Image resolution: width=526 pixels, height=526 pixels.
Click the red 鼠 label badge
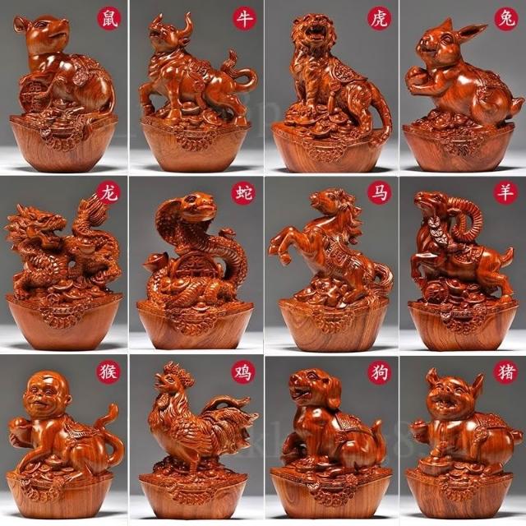click(x=109, y=18)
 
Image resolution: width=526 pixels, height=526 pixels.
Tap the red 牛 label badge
click(x=245, y=18)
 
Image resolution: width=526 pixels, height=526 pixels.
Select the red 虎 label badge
click(x=380, y=18)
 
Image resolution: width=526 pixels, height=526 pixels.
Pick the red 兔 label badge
click(x=506, y=19)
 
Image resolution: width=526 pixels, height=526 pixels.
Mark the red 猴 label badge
click(x=108, y=372)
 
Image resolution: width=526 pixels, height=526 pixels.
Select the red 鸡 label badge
click(x=243, y=372)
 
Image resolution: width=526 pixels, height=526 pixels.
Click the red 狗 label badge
click(x=380, y=372)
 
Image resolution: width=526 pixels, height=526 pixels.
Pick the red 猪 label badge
click(x=505, y=372)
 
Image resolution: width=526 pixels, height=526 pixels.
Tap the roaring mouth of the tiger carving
click(x=312, y=32)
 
